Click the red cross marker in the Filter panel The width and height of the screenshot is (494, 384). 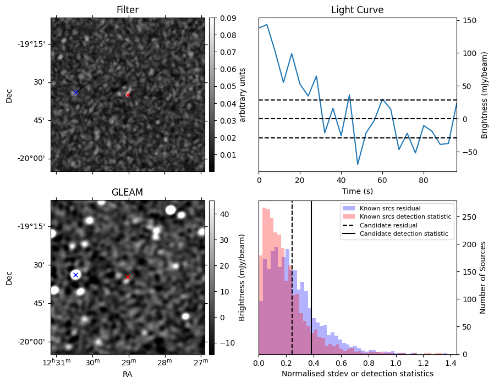coord(128,94)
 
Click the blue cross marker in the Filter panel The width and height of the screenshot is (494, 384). coord(75,92)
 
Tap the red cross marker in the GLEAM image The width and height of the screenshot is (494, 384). coord(128,277)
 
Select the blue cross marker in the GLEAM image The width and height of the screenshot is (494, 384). coord(75,275)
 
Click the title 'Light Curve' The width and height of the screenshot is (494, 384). coord(357,10)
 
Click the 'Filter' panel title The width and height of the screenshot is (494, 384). coord(128,10)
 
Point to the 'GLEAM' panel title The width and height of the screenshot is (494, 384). coord(128,192)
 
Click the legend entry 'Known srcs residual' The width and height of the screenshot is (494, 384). coord(389,209)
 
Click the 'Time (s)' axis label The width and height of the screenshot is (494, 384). coord(357,190)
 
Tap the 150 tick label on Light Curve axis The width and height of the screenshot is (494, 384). coord(469,20)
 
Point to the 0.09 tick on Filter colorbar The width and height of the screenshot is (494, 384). coord(227,18)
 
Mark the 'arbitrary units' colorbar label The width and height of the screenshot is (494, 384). coord(242,94)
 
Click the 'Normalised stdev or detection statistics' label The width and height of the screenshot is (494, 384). coord(357,374)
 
